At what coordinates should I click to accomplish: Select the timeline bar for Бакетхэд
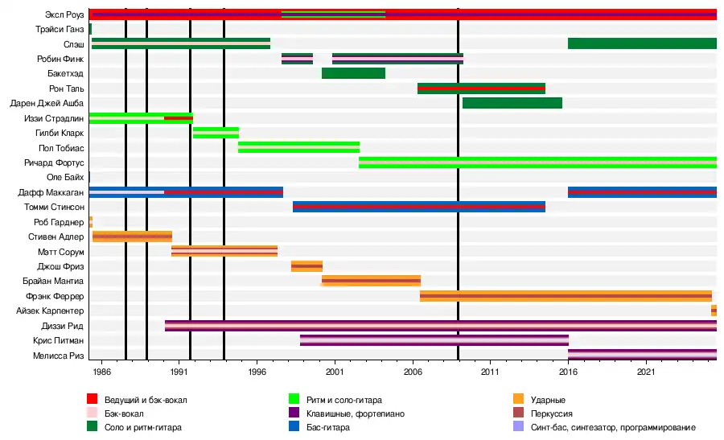[x=353, y=73]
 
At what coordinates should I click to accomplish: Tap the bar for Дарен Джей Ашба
[x=512, y=103]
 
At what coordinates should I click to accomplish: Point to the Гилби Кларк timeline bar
[x=216, y=133]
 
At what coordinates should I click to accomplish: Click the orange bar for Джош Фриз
[x=306, y=266]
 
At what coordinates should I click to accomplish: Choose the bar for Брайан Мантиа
[x=371, y=281]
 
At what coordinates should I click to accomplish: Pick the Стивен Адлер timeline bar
[x=132, y=236]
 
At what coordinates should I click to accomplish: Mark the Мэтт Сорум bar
[x=224, y=251]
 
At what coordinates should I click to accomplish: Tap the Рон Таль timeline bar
[x=481, y=88]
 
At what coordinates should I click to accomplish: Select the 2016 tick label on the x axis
[x=568, y=372]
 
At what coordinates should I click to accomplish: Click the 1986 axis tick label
[x=101, y=372]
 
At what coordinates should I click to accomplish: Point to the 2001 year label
[x=335, y=372]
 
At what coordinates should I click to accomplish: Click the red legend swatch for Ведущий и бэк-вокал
[x=93, y=399]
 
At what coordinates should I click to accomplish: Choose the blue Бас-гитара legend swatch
[x=294, y=427]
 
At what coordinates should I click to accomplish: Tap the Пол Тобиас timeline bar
[x=298, y=147]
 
